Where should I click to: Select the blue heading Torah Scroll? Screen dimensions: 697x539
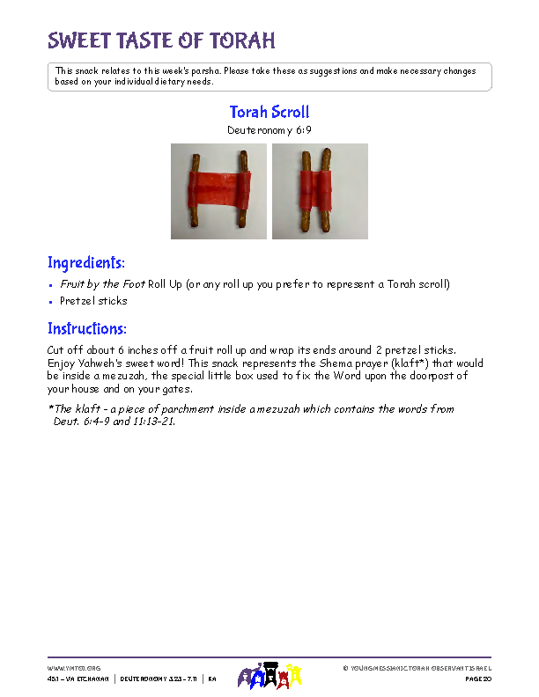pos(269,112)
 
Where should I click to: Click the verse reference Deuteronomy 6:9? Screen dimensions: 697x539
pos(269,129)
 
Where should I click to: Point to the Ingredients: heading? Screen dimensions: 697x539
pos(86,263)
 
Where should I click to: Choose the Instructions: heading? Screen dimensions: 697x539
pos(87,329)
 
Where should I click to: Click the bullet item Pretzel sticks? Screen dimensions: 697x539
pos(93,301)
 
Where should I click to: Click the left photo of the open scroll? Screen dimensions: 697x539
pos(218,191)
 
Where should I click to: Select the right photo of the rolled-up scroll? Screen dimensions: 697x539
pos(320,191)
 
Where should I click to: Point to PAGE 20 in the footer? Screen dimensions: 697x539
pos(477,679)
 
